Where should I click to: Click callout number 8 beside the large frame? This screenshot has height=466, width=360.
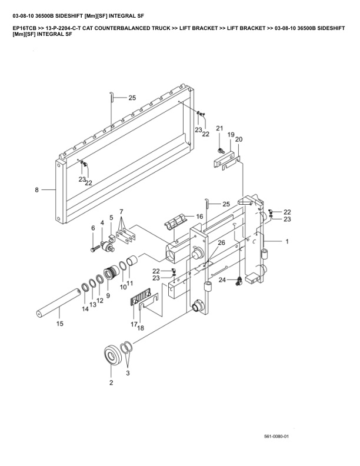pyautogui.click(x=36, y=190)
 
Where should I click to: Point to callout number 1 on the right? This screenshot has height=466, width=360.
pyautogui.click(x=287, y=241)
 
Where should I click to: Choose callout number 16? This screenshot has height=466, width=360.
pyautogui.click(x=199, y=217)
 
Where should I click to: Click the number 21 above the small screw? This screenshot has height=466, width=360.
pyautogui.click(x=219, y=128)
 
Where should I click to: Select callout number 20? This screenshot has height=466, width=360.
pyautogui.click(x=239, y=139)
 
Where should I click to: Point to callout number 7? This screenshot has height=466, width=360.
pyautogui.click(x=121, y=211)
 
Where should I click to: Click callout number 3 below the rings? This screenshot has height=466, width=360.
pyautogui.click(x=128, y=373)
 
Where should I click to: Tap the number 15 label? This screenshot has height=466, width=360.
pyautogui.click(x=59, y=324)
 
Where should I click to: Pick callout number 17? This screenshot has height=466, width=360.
pyautogui.click(x=133, y=324)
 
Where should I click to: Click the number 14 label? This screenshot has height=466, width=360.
pyautogui.click(x=85, y=308)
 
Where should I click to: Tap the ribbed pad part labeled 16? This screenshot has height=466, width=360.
pyautogui.click(x=176, y=224)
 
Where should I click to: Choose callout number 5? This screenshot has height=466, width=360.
pyautogui.click(x=111, y=218)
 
